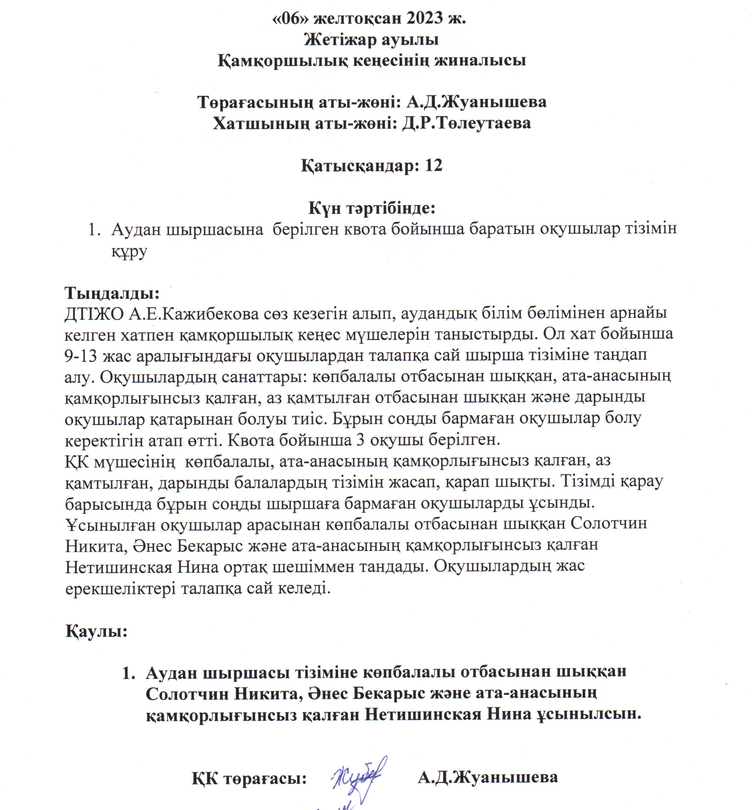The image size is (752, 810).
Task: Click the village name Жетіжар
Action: pos(340,40)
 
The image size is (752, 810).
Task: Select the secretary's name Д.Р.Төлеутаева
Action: pos(466,123)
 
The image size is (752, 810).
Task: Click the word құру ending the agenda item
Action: pos(130,252)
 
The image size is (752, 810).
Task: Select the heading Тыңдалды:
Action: pos(112,293)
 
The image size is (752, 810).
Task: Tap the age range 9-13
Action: pos(80,356)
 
